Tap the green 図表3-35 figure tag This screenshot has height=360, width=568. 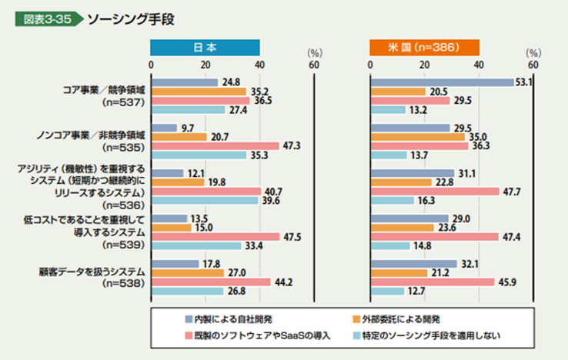(x=46, y=18)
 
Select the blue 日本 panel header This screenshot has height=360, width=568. (x=205, y=47)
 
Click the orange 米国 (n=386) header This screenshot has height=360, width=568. (x=424, y=47)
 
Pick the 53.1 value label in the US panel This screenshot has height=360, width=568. (x=526, y=82)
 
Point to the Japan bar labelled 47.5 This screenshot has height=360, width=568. (x=216, y=236)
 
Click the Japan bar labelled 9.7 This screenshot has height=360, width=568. (x=164, y=127)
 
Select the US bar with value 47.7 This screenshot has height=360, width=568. (x=435, y=191)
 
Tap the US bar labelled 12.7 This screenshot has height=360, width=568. (x=387, y=291)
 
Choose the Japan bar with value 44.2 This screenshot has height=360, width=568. (x=211, y=282)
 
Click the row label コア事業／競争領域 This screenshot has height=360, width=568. (x=106, y=90)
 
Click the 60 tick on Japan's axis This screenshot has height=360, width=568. (x=314, y=65)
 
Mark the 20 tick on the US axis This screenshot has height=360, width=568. (x=424, y=65)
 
